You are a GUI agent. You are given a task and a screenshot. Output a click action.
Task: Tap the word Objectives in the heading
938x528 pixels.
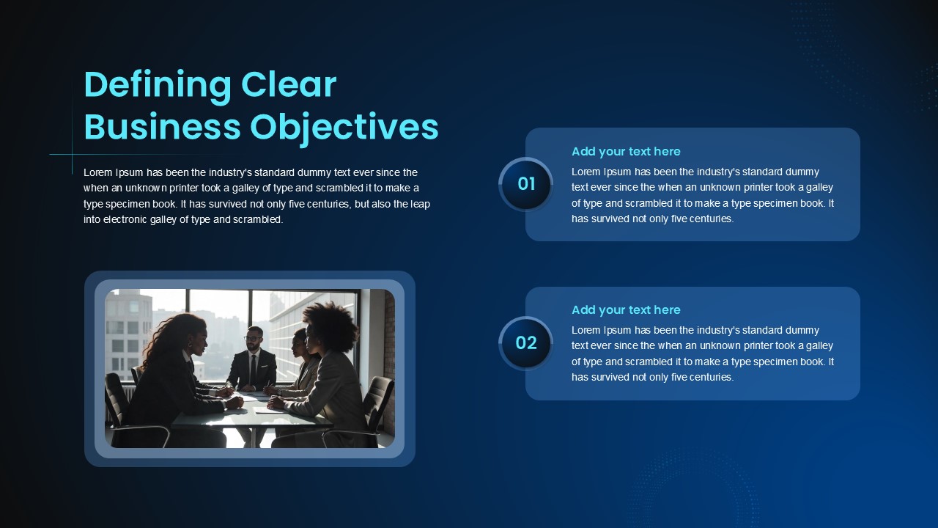coord(344,128)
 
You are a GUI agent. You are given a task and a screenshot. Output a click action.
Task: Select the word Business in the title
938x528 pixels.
coord(162,126)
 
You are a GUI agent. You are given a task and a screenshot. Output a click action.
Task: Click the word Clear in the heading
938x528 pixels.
coord(289,84)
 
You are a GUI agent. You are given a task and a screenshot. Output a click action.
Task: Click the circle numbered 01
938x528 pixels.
coord(526,184)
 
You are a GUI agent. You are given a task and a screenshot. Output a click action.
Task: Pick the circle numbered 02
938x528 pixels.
coord(526,343)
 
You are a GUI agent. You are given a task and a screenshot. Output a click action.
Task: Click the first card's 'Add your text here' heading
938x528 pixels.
coord(626,152)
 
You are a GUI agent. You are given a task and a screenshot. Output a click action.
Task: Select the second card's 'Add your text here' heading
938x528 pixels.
coord(626,310)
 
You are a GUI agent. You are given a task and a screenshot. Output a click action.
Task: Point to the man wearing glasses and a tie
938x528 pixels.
coord(252,360)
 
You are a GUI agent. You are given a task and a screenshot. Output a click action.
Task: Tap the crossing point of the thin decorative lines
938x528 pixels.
coord(72,155)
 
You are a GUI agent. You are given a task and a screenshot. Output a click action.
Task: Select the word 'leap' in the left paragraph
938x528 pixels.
coord(420,204)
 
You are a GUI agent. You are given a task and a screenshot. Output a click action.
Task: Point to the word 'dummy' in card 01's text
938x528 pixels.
coord(802,172)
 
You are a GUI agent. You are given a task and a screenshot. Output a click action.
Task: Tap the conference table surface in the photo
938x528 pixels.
coord(251,413)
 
